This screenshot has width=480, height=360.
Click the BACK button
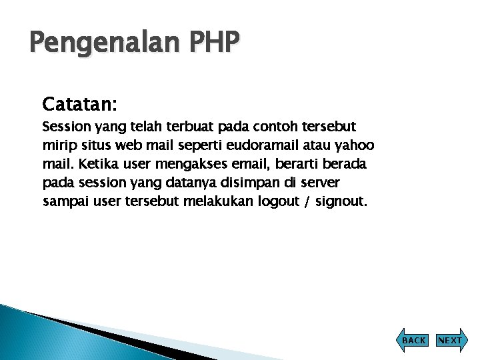tap(413, 340)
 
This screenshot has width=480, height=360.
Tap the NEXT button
tap(450, 340)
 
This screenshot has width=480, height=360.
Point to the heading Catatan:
tap(79, 104)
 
